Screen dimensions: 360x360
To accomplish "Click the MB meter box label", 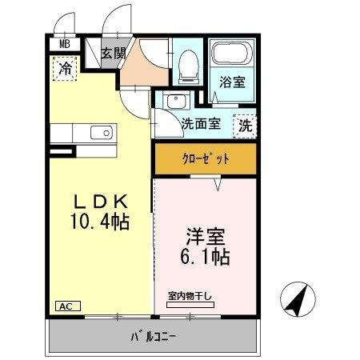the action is (x=65, y=44).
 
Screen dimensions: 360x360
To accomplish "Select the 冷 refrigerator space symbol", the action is (x=65, y=69).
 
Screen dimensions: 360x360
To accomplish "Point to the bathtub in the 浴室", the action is (x=232, y=53).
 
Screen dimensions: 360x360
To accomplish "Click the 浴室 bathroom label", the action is (x=232, y=82).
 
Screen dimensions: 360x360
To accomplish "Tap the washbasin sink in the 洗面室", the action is (x=176, y=101).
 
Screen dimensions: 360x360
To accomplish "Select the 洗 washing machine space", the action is (x=245, y=126).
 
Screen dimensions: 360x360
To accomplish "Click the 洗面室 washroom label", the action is (x=201, y=123).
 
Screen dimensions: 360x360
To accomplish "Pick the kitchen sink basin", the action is (x=102, y=133).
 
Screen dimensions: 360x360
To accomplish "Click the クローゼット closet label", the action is (x=206, y=159).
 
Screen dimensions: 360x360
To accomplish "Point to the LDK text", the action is (x=100, y=202).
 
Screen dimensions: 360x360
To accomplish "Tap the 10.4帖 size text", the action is (x=100, y=222).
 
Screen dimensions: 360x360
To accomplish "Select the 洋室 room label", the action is (x=206, y=237).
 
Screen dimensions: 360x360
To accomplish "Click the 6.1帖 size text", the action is (x=205, y=257).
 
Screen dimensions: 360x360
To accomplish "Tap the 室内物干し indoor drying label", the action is (x=190, y=296).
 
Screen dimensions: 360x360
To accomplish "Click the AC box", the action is (x=68, y=306).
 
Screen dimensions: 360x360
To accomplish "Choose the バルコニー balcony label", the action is (x=153, y=338).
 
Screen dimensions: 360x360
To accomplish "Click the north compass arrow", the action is (x=298, y=299).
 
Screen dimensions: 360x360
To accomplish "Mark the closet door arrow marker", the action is (x=218, y=184).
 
